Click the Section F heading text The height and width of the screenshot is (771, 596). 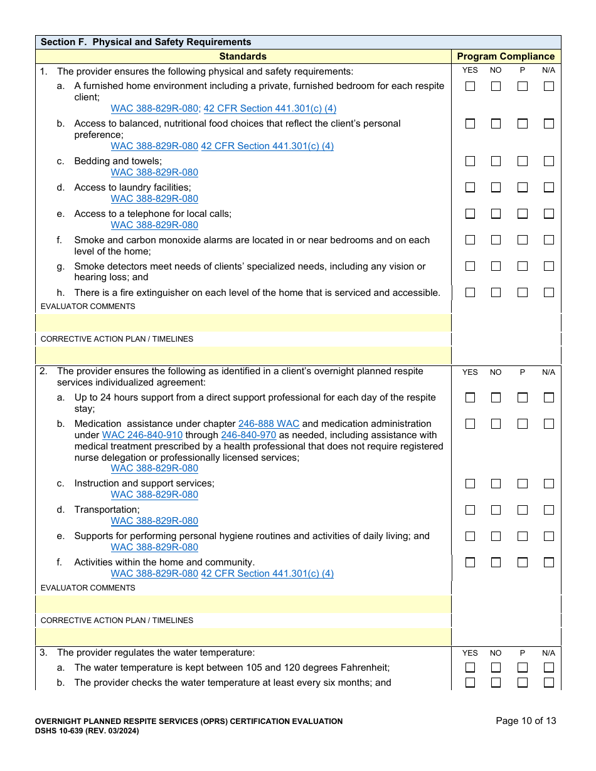[x=146, y=42]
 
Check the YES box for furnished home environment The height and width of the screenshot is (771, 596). [x=470, y=87]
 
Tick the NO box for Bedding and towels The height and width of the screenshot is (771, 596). [x=496, y=161]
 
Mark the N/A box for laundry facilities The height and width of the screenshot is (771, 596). [x=548, y=187]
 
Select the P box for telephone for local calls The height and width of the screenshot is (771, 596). [x=522, y=214]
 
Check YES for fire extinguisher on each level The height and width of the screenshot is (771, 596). [x=470, y=292]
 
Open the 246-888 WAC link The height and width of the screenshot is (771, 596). [x=269, y=424]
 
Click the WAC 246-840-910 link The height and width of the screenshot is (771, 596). [x=142, y=435]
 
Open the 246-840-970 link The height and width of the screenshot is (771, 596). [x=248, y=435]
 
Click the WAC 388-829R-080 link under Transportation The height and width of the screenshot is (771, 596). [x=154, y=521]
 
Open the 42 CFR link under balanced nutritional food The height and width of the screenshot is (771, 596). [x=267, y=146]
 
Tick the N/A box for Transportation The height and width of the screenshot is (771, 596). [x=548, y=510]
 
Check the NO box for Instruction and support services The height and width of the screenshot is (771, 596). [x=496, y=483]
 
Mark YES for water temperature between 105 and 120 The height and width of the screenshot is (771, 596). [x=470, y=668]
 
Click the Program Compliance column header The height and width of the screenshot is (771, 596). [x=506, y=56]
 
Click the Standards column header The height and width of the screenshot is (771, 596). [x=243, y=56]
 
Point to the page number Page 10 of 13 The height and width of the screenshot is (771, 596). [x=526, y=721]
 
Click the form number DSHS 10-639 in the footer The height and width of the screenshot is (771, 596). [x=87, y=731]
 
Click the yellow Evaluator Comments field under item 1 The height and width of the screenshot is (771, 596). [x=243, y=323]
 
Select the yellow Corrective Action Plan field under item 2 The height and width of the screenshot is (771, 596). [x=243, y=637]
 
